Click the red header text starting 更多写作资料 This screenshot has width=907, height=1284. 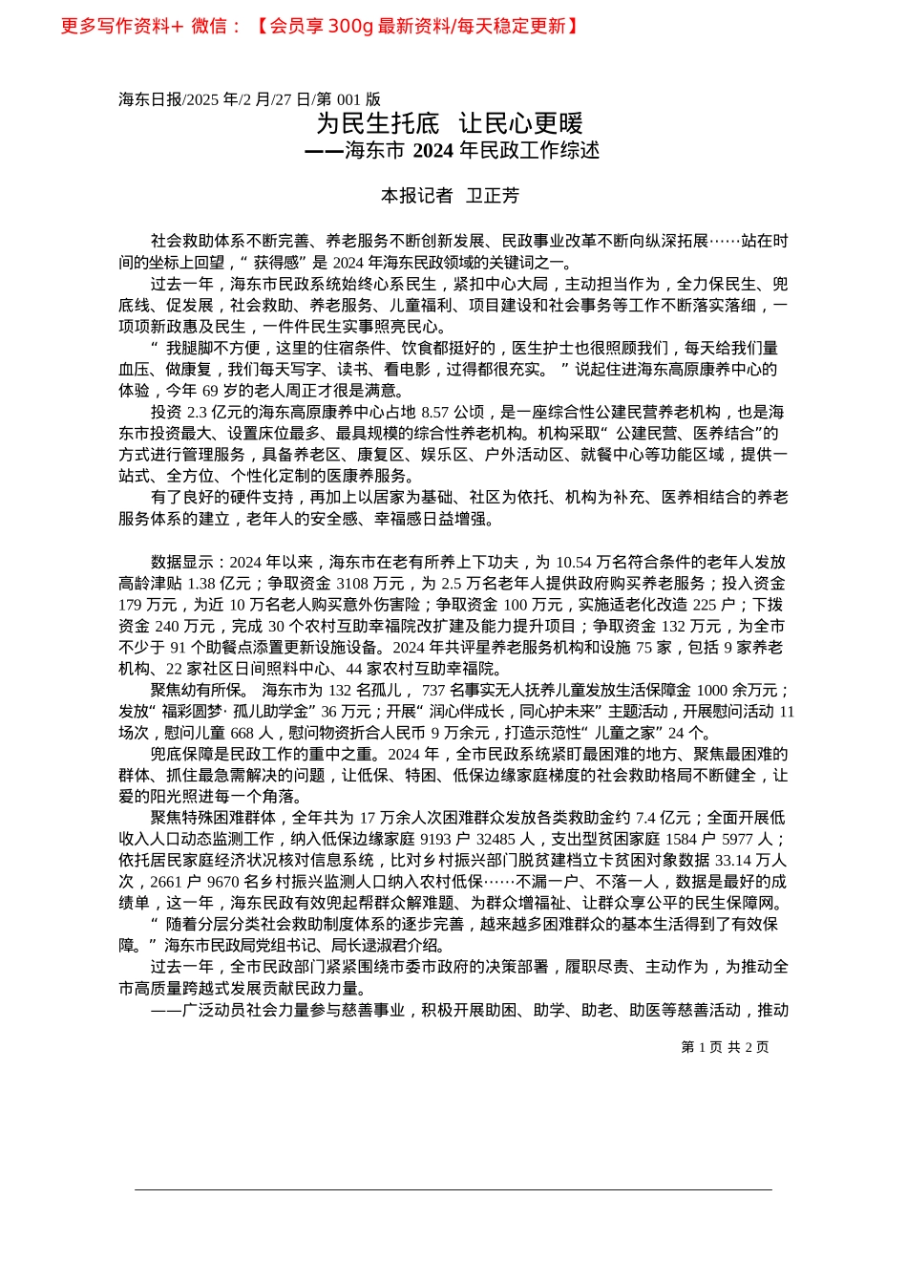tap(320, 27)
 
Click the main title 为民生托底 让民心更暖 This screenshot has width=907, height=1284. tap(450, 123)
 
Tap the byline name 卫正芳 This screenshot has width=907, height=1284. tap(492, 196)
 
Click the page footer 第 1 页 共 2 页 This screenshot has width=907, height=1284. tap(725, 1047)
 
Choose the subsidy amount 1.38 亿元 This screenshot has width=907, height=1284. tap(219, 584)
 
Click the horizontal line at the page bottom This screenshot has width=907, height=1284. tap(453, 1189)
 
